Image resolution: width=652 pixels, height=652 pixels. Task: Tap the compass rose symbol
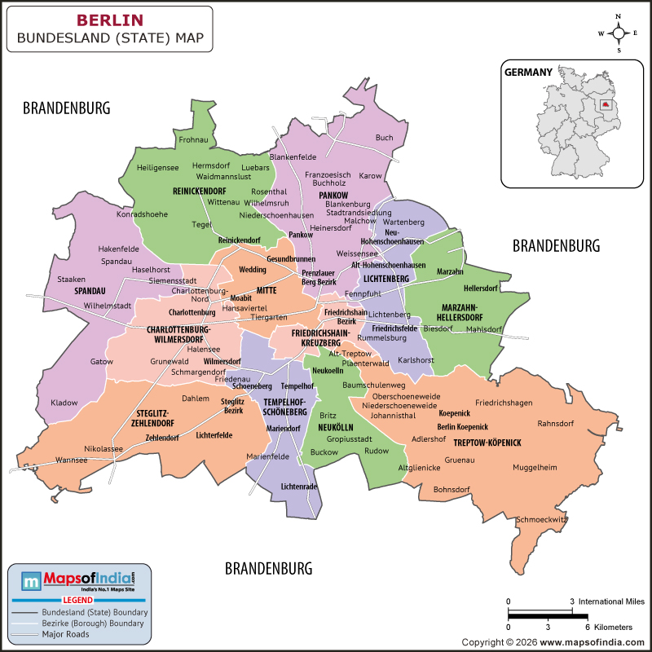pyautogui.click(x=619, y=33)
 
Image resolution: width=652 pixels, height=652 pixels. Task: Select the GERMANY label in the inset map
pyautogui.click(x=528, y=72)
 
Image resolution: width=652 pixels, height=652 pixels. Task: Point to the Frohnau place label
pyautogui.click(x=193, y=141)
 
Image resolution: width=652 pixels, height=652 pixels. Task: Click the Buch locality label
pyautogui.click(x=384, y=138)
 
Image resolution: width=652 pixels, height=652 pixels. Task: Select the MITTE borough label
pyautogui.click(x=267, y=290)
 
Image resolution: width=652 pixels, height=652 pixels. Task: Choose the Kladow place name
pyautogui.click(x=64, y=403)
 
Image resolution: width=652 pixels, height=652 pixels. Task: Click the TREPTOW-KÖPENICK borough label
pyautogui.click(x=487, y=443)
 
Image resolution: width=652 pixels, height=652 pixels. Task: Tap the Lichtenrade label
pyautogui.click(x=298, y=487)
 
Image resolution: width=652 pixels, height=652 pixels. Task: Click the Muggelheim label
pyautogui.click(x=535, y=468)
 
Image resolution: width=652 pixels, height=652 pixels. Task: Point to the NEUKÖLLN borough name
pyautogui.click(x=334, y=427)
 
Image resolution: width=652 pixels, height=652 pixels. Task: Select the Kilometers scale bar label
pyautogui.click(x=612, y=628)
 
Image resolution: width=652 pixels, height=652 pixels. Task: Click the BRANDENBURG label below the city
pyautogui.click(x=268, y=568)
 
